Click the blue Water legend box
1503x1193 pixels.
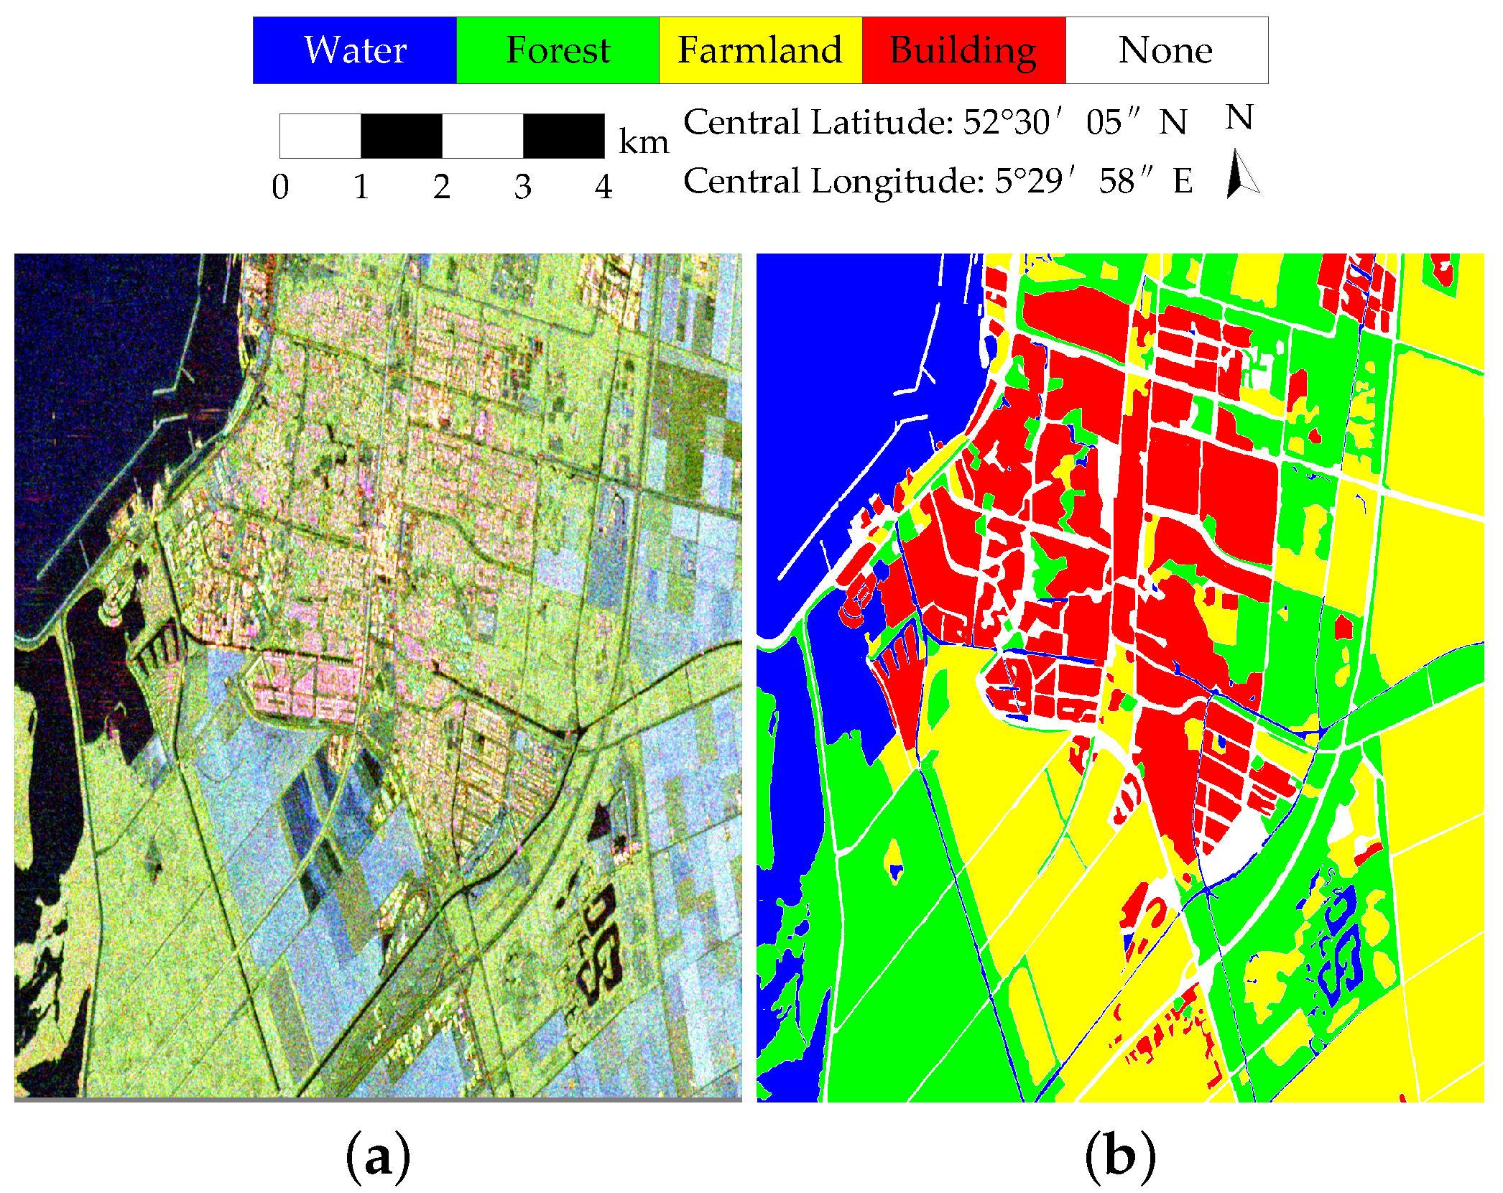[x=355, y=50]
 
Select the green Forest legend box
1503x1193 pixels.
[x=558, y=50]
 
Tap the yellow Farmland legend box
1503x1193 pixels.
[x=760, y=50]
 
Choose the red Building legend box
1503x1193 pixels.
[x=963, y=50]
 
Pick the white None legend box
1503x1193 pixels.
[x=1166, y=50]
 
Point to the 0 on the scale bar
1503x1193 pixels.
[x=280, y=187]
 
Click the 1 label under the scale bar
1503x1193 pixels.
[x=361, y=187]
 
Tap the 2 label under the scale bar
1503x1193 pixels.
[x=442, y=187]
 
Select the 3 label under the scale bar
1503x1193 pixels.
[x=522, y=187]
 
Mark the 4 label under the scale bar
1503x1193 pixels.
[x=603, y=187]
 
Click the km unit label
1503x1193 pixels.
[x=644, y=141]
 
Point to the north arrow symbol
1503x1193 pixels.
[x=1241, y=173]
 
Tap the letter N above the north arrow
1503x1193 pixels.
[x=1239, y=117]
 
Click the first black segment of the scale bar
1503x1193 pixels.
[x=401, y=136]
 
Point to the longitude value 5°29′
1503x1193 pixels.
[x=1035, y=181]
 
